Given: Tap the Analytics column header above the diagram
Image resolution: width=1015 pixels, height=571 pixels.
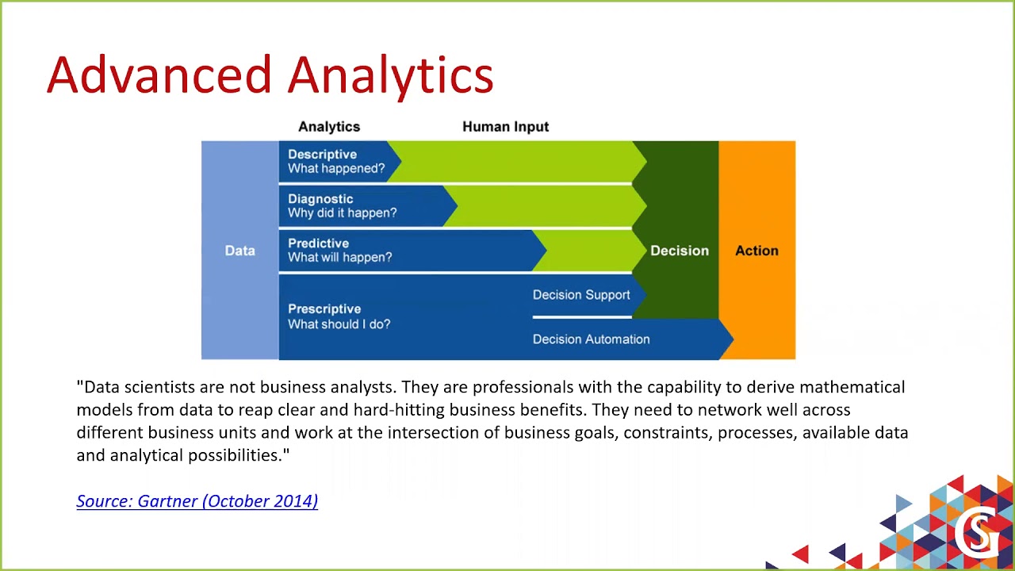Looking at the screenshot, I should point(329,127).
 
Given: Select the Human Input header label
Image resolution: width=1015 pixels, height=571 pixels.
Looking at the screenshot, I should point(505,127).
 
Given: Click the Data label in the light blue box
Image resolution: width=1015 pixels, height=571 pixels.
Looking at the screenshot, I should point(239,251).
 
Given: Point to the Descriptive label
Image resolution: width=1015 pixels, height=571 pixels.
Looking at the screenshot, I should point(322,155).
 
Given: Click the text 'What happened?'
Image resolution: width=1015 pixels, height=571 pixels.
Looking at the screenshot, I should point(336,168).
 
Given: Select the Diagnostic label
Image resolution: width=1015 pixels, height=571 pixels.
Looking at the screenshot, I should point(320,199).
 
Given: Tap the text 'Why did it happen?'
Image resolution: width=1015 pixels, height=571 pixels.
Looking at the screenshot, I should point(342,213).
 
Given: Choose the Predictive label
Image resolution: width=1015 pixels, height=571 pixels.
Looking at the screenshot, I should point(318,243).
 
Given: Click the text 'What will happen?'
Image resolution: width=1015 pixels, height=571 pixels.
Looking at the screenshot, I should point(339,257).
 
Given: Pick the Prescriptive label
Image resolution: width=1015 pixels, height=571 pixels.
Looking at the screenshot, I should point(324,309).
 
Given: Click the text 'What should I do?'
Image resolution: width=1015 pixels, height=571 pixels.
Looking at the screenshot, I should point(339,324).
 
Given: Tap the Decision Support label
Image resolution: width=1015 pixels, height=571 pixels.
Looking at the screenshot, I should point(581,295).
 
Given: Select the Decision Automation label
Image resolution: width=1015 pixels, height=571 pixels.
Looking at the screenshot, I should point(591,339).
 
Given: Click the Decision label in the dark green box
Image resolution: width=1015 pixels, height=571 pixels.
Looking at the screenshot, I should point(680,251).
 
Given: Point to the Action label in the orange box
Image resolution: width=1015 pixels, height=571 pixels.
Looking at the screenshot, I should point(756,251).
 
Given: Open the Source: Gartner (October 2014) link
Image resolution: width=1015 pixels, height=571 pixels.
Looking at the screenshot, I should point(197,500).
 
